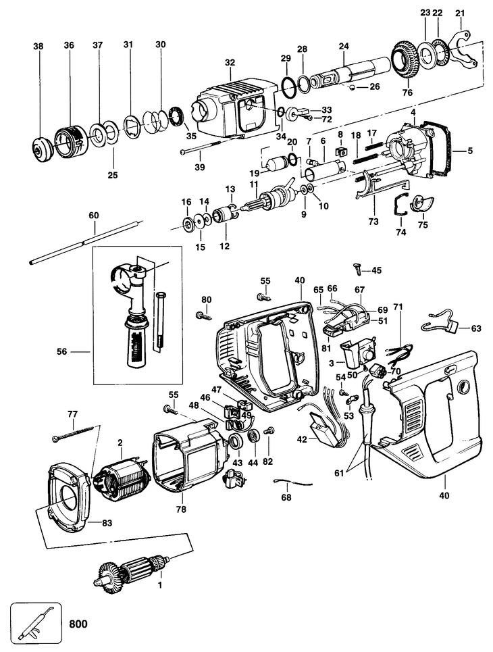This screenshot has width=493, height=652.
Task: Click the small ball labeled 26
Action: (x=351, y=87)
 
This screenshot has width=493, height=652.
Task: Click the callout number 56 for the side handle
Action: (x=62, y=352)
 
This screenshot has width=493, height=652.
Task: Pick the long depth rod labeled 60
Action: (x=86, y=242)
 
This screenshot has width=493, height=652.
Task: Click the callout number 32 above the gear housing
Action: (x=230, y=63)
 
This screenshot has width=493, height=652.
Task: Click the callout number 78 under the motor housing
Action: (x=181, y=509)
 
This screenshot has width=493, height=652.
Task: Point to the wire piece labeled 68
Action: (x=292, y=482)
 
